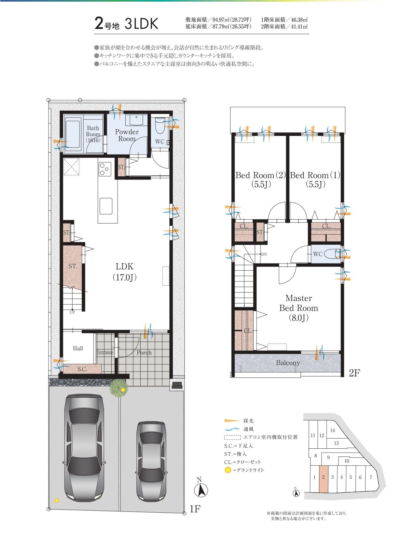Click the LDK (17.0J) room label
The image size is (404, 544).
point(124,272)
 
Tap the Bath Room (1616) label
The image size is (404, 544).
point(93,134)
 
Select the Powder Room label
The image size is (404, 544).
point(127,135)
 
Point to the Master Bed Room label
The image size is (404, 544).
point(299,308)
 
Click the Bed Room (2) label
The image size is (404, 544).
point(261,180)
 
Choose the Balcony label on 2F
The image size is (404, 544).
point(288,363)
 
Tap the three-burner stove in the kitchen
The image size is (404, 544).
point(105,169)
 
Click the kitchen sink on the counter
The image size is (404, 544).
point(106,206)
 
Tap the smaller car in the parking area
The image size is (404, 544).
point(151,461)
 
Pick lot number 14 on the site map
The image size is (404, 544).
point(332,430)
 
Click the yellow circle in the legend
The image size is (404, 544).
point(228,470)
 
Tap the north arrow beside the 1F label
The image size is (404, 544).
point(201,491)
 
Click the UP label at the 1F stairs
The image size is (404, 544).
point(72,312)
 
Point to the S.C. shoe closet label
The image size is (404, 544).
point(82,369)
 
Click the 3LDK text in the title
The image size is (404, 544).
point(141,23)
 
